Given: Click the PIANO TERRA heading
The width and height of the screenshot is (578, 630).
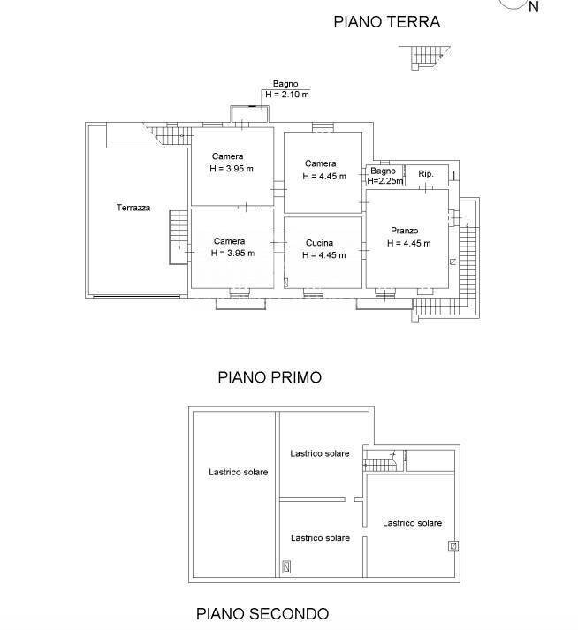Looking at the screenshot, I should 386,23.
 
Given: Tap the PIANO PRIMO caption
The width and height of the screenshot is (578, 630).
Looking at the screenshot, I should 270,377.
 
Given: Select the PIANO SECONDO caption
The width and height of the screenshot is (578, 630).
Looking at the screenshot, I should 262,613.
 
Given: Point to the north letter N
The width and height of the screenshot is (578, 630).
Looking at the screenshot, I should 533,7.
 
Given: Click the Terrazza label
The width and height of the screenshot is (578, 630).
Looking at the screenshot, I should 133,209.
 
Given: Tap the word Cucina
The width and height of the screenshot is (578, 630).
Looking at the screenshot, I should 319,243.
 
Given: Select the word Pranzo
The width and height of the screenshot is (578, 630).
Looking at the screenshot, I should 404,231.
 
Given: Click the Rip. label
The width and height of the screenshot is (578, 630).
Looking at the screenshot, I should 425,174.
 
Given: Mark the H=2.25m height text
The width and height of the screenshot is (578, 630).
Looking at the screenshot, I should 384,181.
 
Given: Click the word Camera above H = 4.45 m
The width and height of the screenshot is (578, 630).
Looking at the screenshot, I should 320,163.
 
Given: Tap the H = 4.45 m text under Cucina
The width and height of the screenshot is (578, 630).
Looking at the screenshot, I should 323,255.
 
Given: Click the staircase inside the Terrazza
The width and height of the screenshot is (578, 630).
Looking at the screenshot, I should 179,236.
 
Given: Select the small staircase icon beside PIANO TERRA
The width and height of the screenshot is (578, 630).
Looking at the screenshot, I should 426,57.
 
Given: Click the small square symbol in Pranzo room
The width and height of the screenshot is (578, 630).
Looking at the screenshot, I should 453,262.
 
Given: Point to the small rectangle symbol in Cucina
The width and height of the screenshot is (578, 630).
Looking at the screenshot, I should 286,283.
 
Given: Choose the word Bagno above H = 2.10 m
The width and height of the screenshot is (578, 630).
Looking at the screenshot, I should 285,84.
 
